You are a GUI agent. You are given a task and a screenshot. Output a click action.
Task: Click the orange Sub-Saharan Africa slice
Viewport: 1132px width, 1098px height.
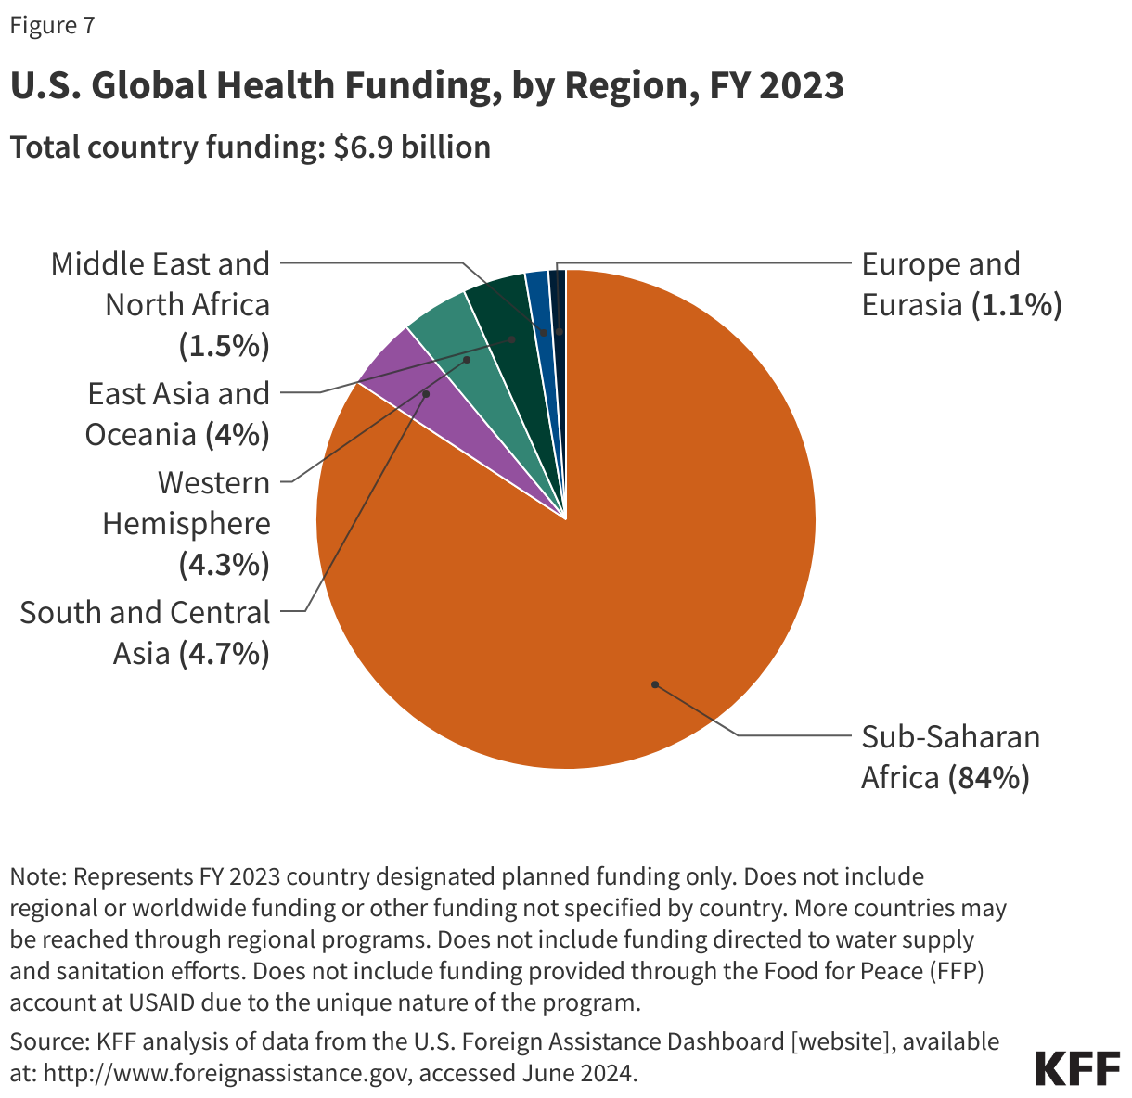point(603,575)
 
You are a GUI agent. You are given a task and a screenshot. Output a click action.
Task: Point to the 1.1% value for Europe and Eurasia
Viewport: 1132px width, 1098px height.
point(1016,305)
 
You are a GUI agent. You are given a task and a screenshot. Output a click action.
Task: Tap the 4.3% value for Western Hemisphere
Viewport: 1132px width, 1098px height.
point(223,565)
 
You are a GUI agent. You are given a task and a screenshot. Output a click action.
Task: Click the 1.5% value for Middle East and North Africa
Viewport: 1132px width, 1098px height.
point(223,346)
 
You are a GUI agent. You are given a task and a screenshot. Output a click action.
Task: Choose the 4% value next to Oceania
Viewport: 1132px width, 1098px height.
point(238,435)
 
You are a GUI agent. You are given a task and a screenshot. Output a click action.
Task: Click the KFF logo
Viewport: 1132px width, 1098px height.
point(1077,1068)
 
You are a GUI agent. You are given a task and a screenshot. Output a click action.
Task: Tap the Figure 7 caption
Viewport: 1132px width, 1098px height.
point(52,26)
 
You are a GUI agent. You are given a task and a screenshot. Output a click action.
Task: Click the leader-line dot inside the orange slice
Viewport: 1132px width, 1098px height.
point(655,684)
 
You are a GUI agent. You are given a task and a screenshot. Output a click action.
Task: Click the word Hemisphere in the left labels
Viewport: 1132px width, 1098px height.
point(187,524)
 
